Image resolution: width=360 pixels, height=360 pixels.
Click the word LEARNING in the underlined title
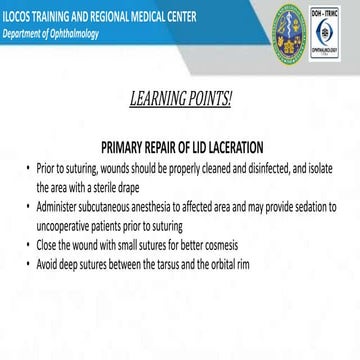coord(162,101)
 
